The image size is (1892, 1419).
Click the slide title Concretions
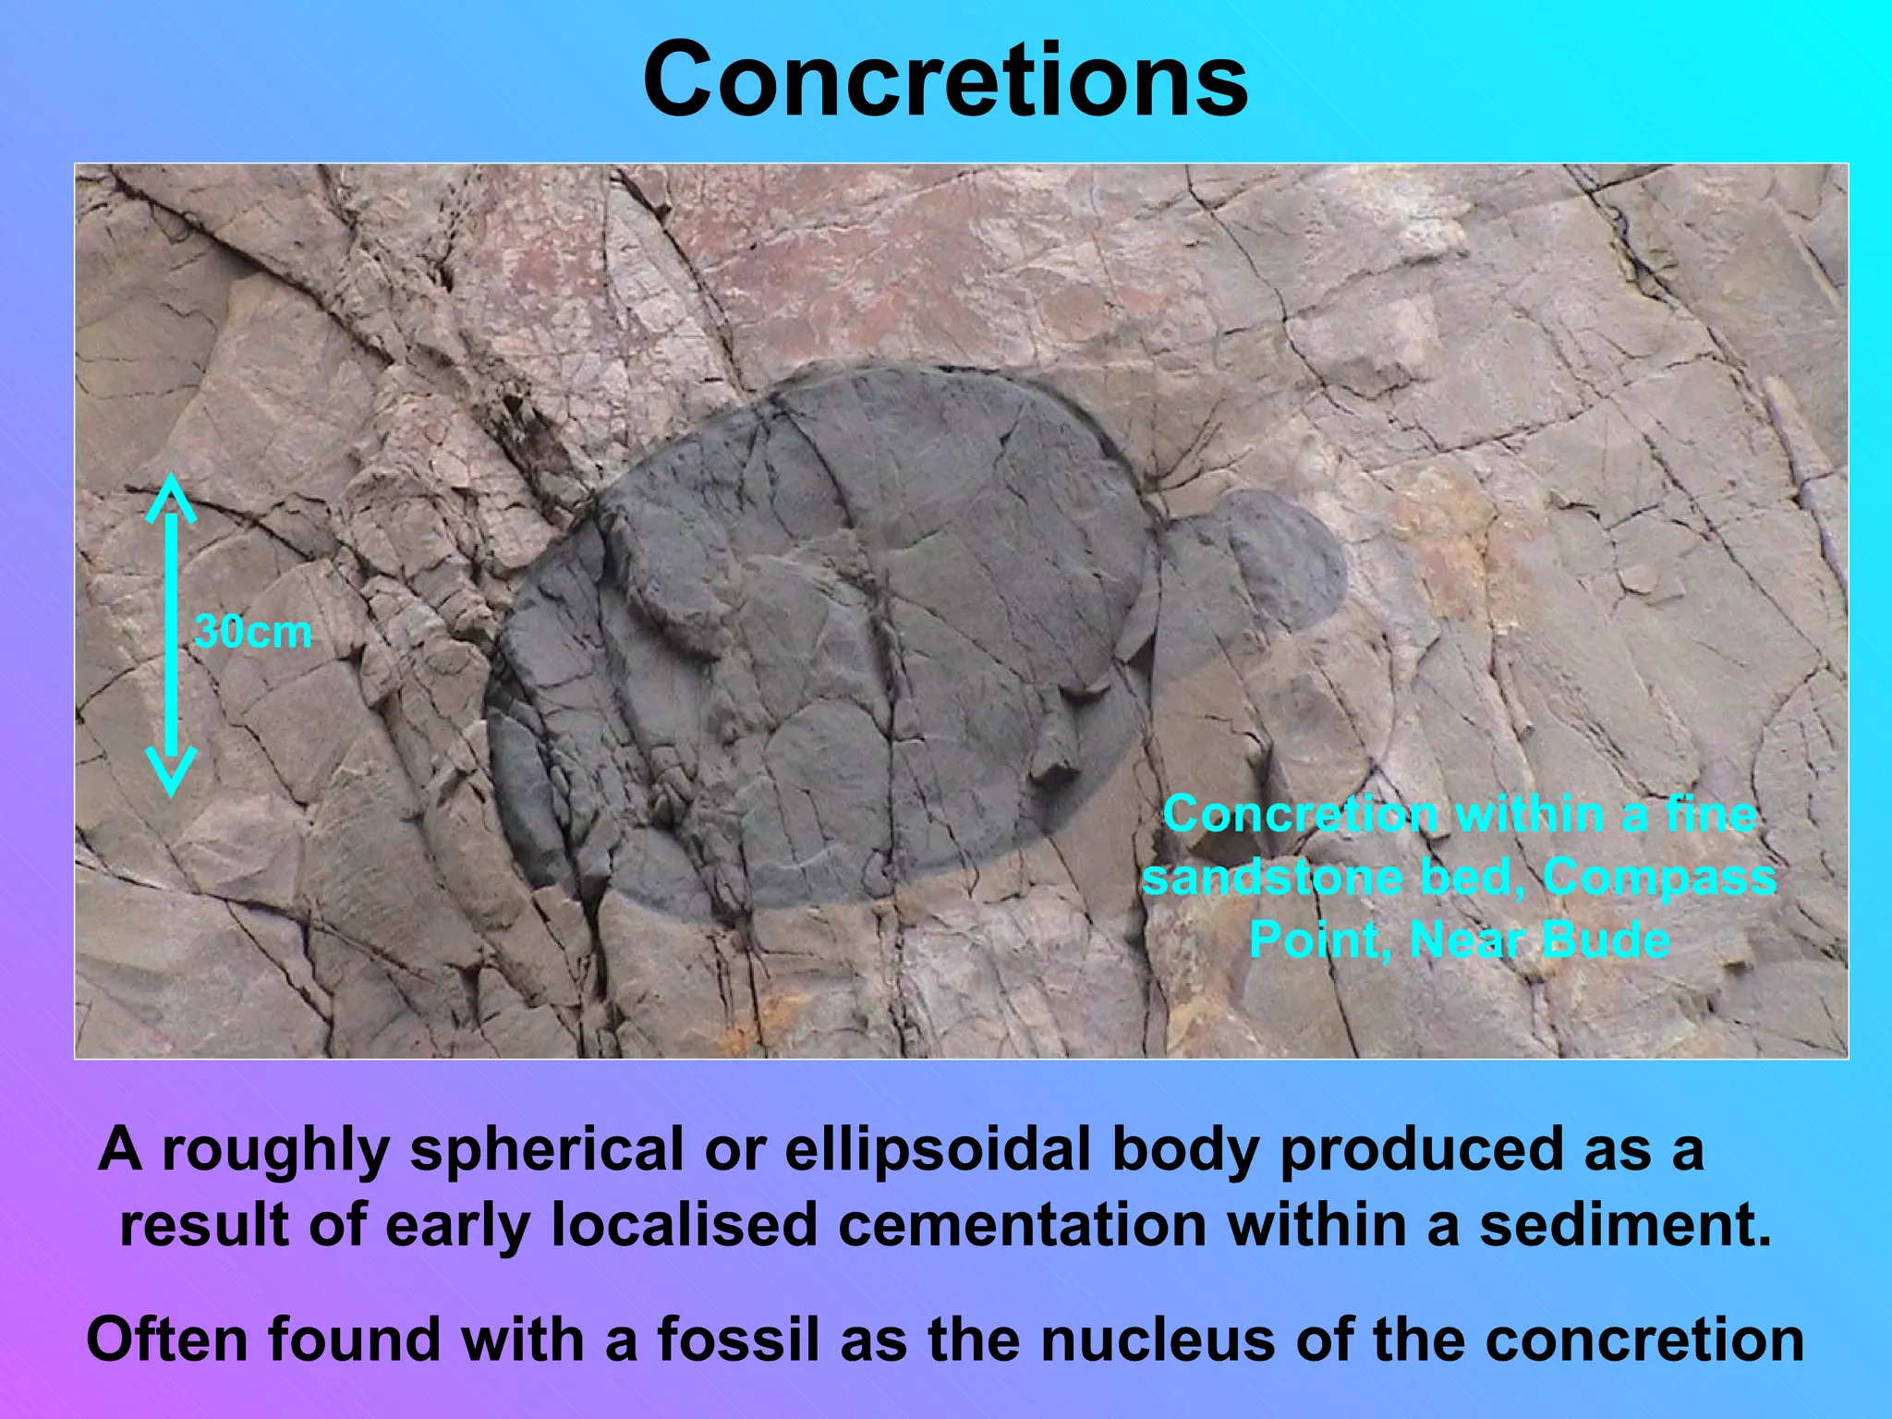click(945, 81)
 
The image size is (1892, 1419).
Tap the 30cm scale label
click(253, 633)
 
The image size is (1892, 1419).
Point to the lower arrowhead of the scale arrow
click(171, 771)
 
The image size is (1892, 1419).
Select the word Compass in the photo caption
click(1659, 878)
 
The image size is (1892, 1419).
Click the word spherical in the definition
click(547, 1149)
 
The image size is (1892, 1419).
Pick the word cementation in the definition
click(1022, 1225)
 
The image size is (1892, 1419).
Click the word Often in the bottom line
click(169, 1340)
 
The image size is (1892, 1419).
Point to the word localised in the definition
click(685, 1225)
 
